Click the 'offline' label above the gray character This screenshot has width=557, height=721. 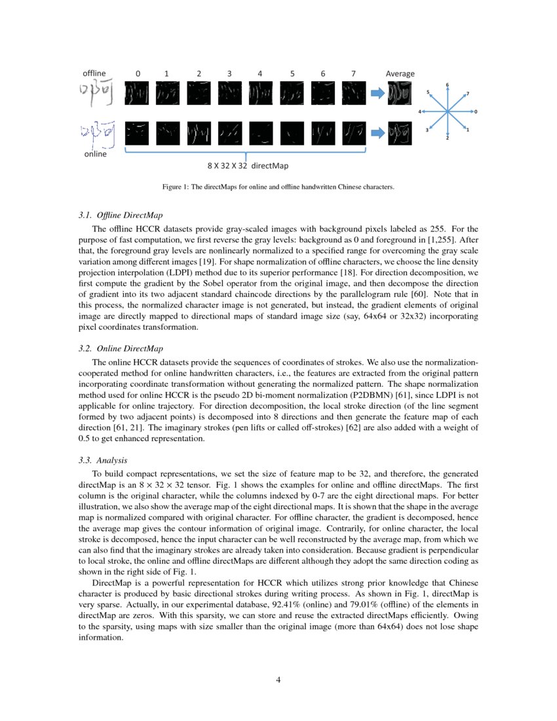click(x=94, y=73)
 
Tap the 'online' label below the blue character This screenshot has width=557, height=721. click(x=95, y=155)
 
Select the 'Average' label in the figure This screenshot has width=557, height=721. click(x=400, y=73)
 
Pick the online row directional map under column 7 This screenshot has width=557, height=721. click(x=355, y=133)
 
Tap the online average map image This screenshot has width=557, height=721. click(x=400, y=133)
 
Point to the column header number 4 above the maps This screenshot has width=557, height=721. click(x=260, y=73)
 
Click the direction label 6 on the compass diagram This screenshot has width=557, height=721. click(x=448, y=85)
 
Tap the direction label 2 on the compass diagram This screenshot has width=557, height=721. click(x=448, y=138)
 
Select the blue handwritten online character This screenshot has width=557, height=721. click(x=95, y=132)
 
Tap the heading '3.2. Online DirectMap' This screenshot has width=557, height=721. click(x=121, y=348)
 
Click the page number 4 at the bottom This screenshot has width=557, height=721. click(x=278, y=680)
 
